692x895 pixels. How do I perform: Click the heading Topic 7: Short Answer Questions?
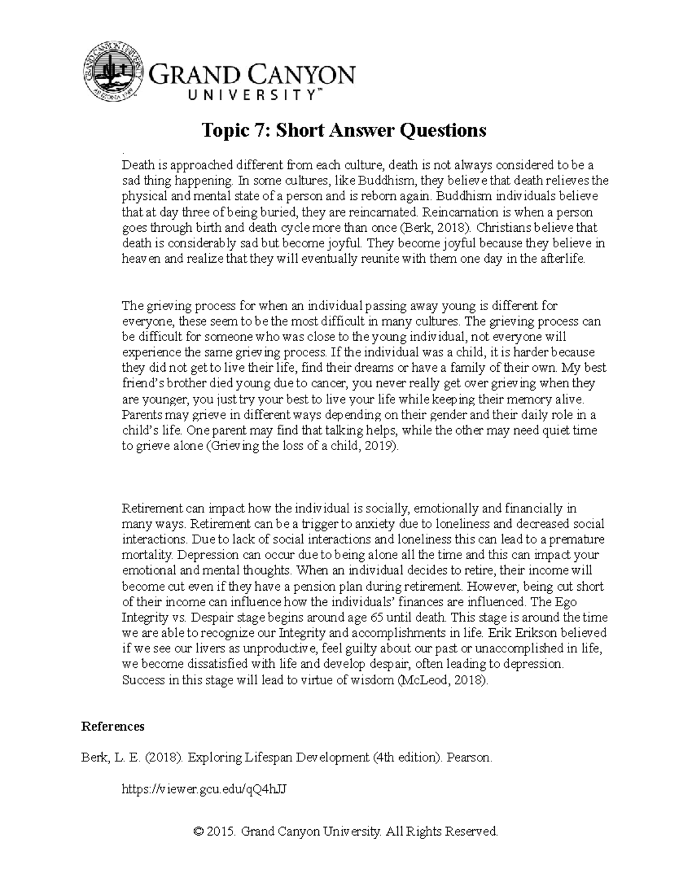pyautogui.click(x=343, y=130)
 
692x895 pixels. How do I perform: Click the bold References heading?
pyautogui.click(x=113, y=726)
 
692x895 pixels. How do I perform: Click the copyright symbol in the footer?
pyautogui.click(x=199, y=832)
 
